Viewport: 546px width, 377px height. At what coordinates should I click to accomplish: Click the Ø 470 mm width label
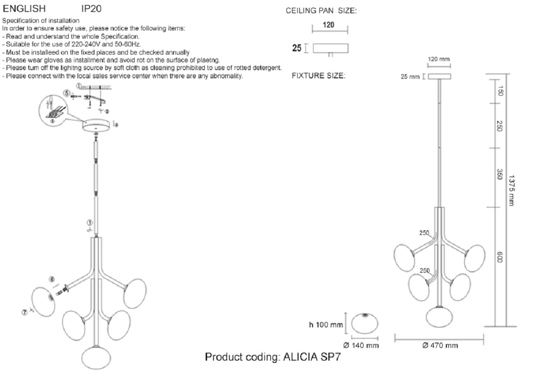(440, 346)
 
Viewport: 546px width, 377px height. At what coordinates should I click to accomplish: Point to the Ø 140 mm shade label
(362, 346)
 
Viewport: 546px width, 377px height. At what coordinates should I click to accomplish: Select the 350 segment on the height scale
(499, 174)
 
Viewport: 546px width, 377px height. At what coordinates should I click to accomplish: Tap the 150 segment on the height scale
(499, 91)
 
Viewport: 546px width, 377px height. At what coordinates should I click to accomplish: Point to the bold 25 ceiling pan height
(297, 48)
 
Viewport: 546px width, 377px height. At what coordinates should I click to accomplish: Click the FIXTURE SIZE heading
(318, 76)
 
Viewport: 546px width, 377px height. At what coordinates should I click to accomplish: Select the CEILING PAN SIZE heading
(321, 11)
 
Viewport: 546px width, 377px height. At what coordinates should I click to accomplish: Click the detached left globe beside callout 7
(43, 301)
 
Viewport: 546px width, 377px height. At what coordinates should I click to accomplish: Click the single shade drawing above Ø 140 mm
(364, 323)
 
